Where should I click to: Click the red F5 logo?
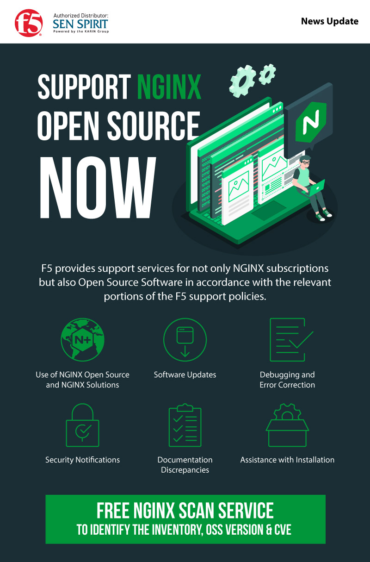[x=29, y=23]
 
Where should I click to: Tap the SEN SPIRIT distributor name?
[x=80, y=24]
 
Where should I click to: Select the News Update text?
[x=329, y=21]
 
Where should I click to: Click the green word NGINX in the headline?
[x=169, y=87]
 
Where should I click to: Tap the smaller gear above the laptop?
[x=267, y=75]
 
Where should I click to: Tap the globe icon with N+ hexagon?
[x=82, y=340]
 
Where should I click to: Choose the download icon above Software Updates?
[x=185, y=340]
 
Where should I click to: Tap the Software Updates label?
[x=185, y=375]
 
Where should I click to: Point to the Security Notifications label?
[x=82, y=460]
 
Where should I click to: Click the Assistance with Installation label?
[x=287, y=460]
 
